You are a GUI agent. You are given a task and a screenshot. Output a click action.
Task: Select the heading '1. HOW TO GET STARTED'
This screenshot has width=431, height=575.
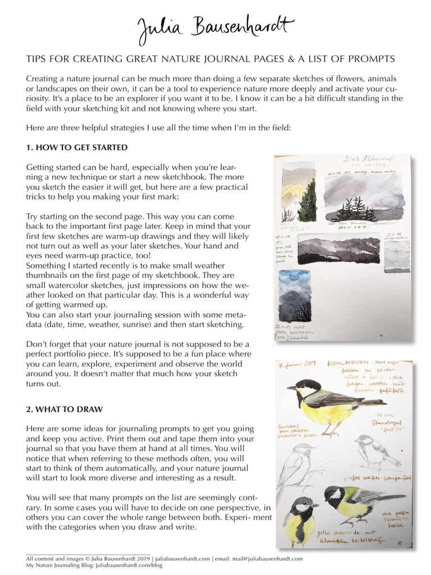[x=77, y=148]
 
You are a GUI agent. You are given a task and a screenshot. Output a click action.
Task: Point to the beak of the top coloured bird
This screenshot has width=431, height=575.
[x=290, y=387]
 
